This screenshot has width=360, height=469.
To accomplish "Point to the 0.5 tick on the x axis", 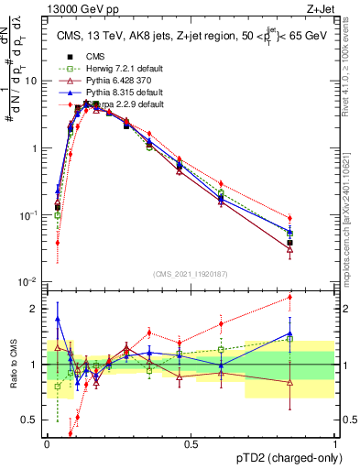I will tap(191, 442).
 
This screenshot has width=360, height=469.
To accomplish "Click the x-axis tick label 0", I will tap(47, 442).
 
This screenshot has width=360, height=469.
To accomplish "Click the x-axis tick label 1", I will tap(334, 442).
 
